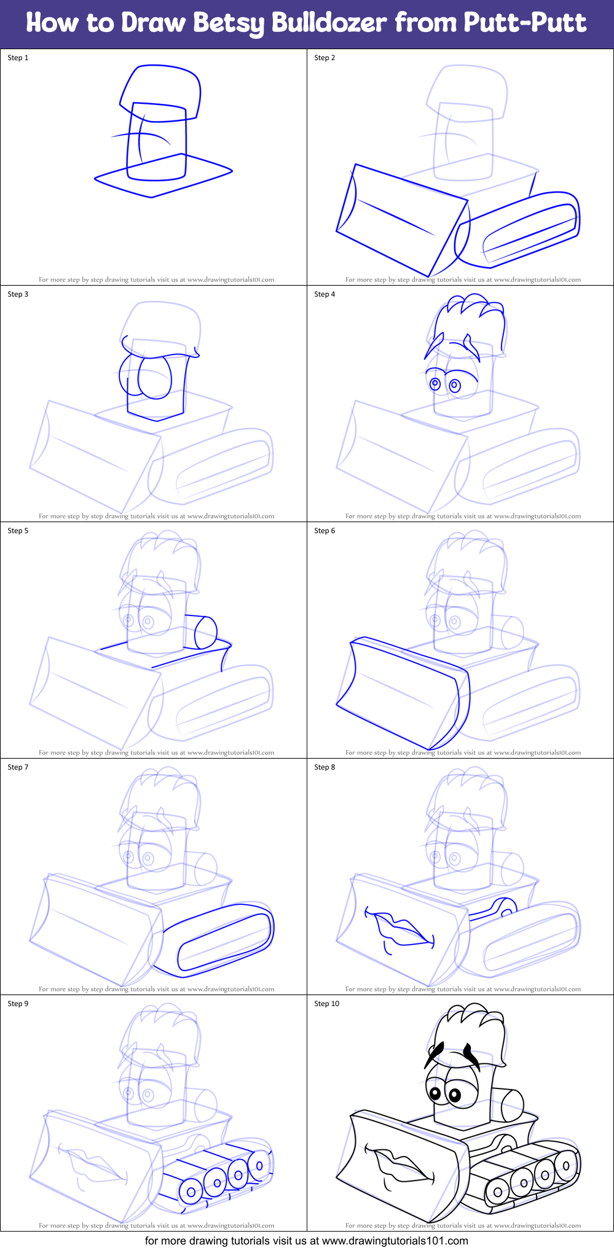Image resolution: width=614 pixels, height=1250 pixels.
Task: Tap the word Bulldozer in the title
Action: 329,23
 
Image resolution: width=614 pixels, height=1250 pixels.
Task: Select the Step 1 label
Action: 18,58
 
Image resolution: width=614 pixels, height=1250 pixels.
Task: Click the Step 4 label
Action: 325,294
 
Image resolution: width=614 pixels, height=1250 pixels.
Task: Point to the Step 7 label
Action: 18,767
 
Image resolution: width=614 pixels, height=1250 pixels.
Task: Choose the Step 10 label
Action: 326,1004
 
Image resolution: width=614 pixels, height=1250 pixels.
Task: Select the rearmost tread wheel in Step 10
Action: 565,1162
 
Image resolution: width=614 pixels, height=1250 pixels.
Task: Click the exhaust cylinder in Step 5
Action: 205,633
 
